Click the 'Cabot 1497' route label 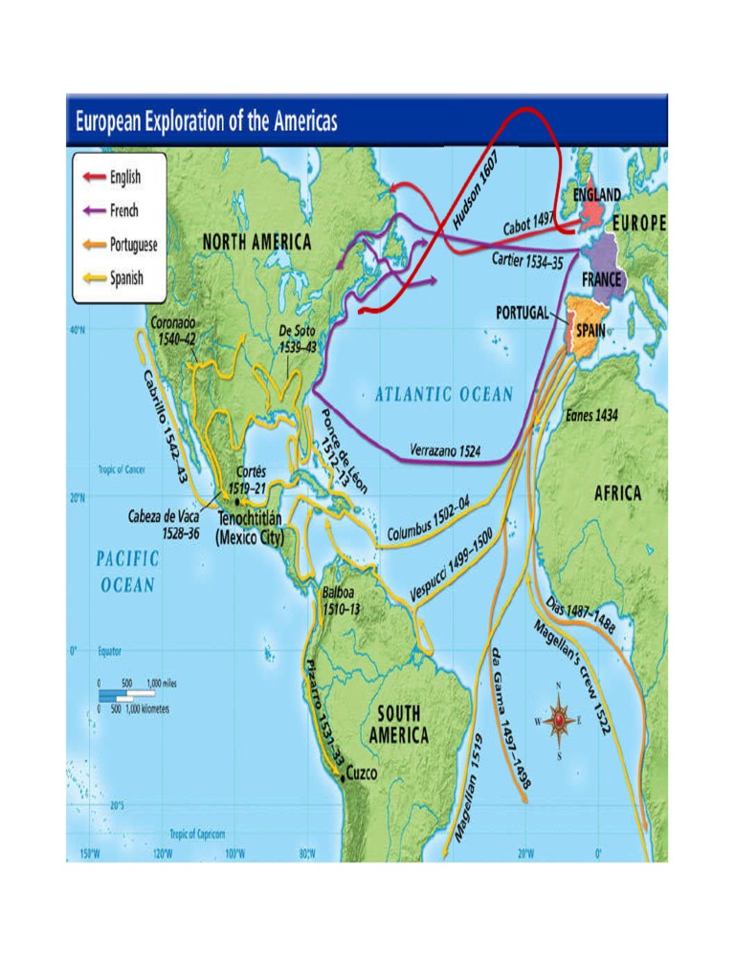(x=529, y=226)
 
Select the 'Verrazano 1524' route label (x=445, y=449)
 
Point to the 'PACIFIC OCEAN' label (x=126, y=570)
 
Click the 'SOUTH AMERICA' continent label (x=398, y=724)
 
